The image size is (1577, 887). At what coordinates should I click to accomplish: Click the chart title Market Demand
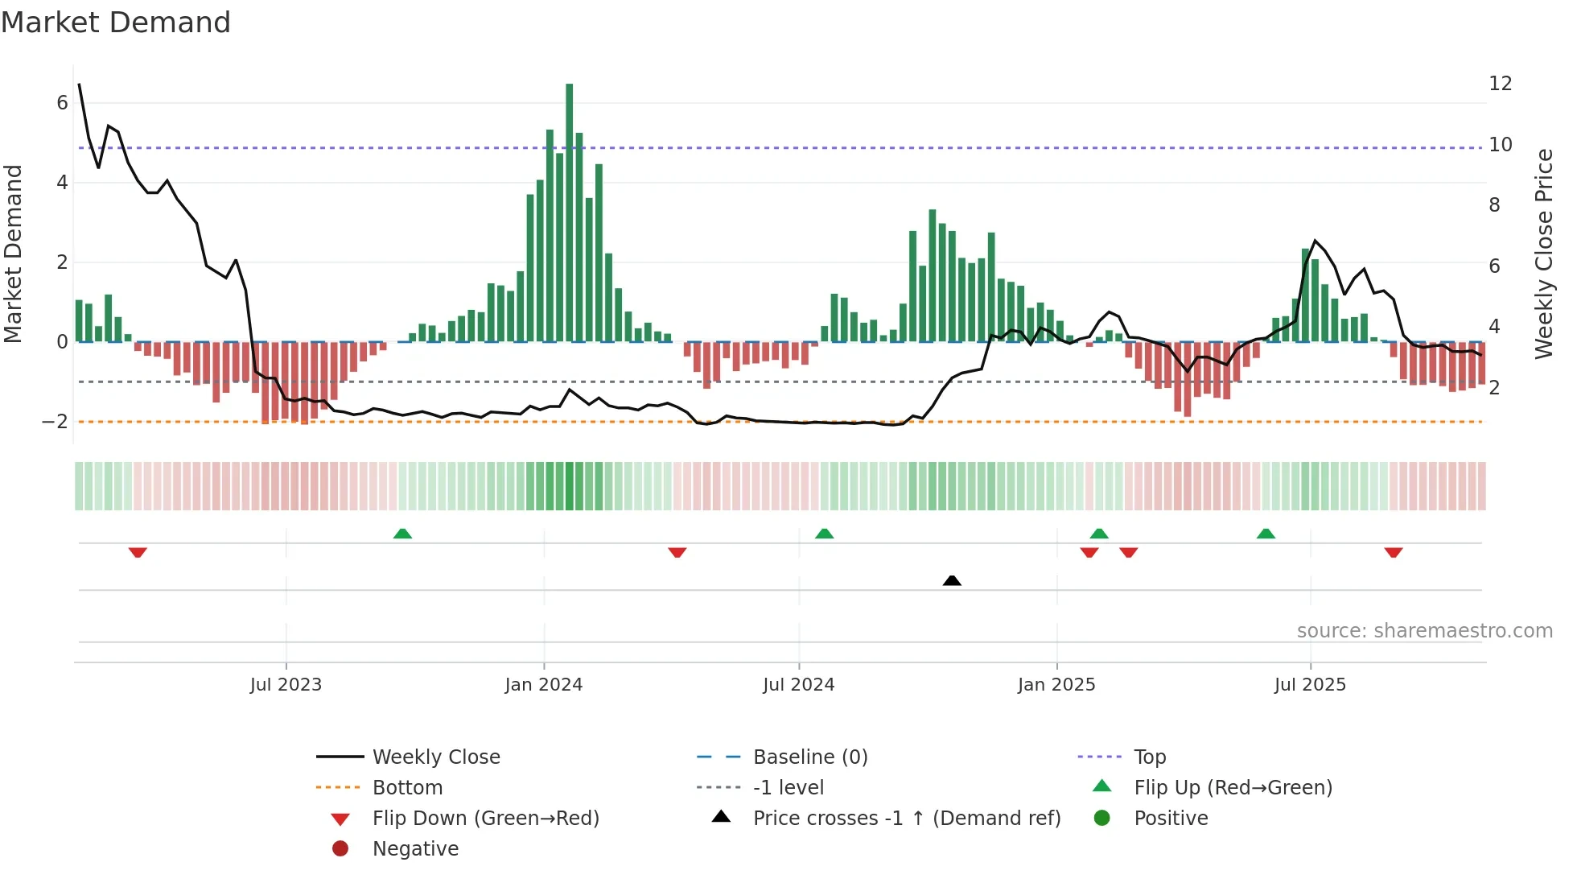click(x=116, y=23)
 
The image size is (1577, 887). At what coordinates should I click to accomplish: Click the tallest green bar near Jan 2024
click(x=570, y=212)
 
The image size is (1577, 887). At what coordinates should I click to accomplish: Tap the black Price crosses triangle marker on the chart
click(x=952, y=580)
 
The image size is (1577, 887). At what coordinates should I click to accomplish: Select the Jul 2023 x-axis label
click(x=286, y=685)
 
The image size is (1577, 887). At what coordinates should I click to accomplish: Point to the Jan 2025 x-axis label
click(x=1056, y=685)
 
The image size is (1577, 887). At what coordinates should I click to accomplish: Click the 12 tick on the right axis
click(x=1501, y=84)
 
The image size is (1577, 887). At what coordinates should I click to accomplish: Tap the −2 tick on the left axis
click(x=55, y=422)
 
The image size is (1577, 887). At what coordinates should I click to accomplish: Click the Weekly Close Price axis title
click(x=1543, y=254)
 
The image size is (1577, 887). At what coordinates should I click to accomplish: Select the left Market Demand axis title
click(x=13, y=254)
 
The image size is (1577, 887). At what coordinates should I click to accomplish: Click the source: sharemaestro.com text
click(x=1424, y=631)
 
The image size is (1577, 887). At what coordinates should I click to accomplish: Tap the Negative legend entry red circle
click(x=340, y=849)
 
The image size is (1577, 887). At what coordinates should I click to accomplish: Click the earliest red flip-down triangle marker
click(x=138, y=552)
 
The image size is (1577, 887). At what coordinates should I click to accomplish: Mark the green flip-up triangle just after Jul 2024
click(x=824, y=534)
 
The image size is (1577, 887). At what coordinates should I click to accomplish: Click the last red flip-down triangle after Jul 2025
click(x=1394, y=552)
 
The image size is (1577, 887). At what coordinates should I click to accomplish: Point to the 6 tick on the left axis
click(x=62, y=103)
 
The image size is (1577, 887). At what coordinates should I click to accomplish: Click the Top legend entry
click(x=1150, y=757)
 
